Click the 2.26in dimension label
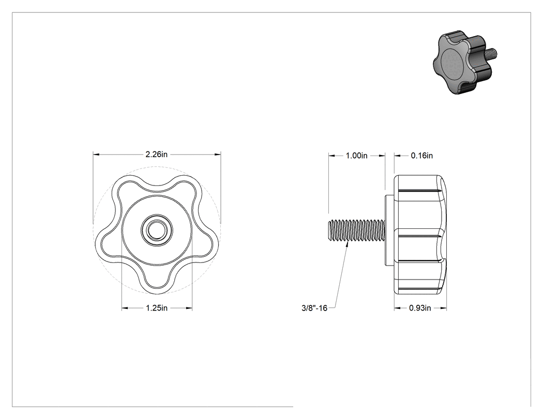(156, 154)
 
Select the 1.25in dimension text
(157, 308)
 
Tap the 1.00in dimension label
(357, 156)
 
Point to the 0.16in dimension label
(422, 156)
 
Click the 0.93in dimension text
(420, 308)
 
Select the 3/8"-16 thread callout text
(314, 308)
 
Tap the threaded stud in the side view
(356, 230)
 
